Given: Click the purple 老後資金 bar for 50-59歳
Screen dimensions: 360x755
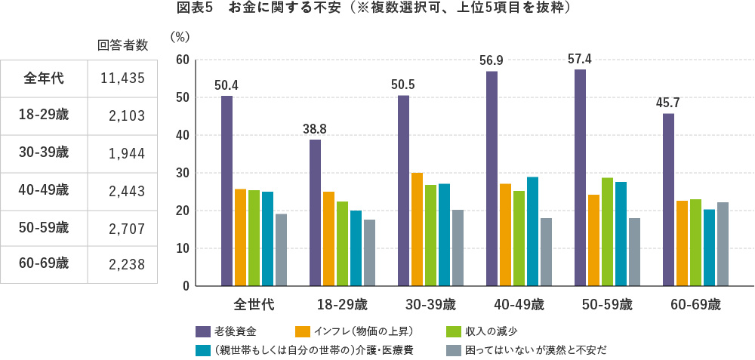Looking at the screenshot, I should point(580,177).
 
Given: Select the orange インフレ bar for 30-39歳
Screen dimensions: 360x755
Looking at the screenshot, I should point(417,229).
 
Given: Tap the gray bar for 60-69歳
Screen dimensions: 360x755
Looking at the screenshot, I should point(723,244).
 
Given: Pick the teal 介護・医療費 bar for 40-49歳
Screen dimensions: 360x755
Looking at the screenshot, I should point(532,232).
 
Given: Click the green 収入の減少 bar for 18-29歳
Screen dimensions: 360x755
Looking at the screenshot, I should point(342,244).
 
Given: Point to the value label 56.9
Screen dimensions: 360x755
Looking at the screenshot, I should point(492,60).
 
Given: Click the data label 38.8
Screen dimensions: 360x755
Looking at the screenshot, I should point(315,128).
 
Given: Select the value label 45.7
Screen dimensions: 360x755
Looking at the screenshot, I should point(668,102).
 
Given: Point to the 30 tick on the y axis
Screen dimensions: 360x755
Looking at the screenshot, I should point(181,173).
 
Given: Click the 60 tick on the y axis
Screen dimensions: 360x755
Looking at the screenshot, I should point(181,60).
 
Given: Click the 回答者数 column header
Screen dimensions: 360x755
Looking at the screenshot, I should point(122,45).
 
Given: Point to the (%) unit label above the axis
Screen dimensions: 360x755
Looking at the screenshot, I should point(180,36).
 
